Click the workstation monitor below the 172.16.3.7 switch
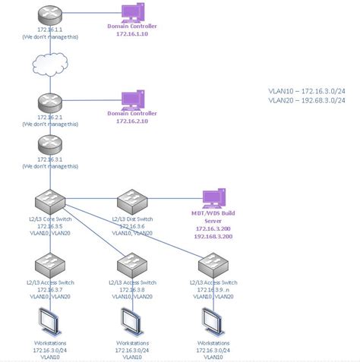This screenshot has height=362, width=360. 49,323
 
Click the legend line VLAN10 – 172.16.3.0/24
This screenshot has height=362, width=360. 307,90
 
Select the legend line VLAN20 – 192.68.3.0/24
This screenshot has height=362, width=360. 307,99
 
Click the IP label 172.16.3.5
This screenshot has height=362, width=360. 49,226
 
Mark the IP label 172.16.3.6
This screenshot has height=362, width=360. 132,226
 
